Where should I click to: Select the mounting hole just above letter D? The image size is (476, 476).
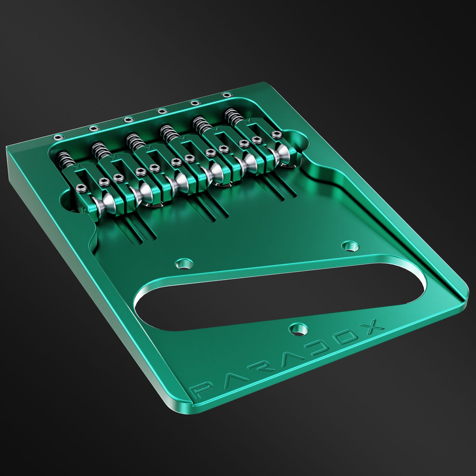298,328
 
